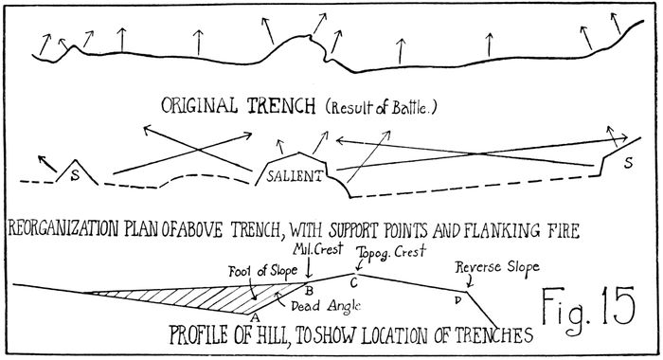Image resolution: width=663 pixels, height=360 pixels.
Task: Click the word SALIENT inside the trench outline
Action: point(295,175)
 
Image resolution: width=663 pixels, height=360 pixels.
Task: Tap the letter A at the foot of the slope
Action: point(254,317)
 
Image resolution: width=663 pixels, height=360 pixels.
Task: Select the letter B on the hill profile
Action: point(309,291)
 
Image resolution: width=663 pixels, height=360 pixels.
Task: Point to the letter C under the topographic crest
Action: point(354,282)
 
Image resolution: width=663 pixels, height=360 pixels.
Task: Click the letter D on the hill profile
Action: point(457,300)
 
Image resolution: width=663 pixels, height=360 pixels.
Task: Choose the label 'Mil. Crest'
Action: point(318,249)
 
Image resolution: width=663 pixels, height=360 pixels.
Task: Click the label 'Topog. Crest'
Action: point(391,253)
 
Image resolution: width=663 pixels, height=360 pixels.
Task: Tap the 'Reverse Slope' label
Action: point(497,267)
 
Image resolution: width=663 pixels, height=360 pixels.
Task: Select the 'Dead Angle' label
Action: point(326,305)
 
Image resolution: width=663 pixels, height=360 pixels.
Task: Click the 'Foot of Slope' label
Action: point(262,272)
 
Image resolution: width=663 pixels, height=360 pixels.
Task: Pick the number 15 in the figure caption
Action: point(618,305)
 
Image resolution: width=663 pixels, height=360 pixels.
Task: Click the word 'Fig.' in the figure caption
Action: point(567,308)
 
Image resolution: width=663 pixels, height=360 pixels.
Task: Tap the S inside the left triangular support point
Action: point(75,175)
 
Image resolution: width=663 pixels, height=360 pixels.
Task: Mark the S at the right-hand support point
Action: point(628,163)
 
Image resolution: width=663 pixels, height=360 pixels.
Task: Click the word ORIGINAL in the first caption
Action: point(199,105)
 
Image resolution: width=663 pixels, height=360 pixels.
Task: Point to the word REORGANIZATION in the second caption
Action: point(63,229)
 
